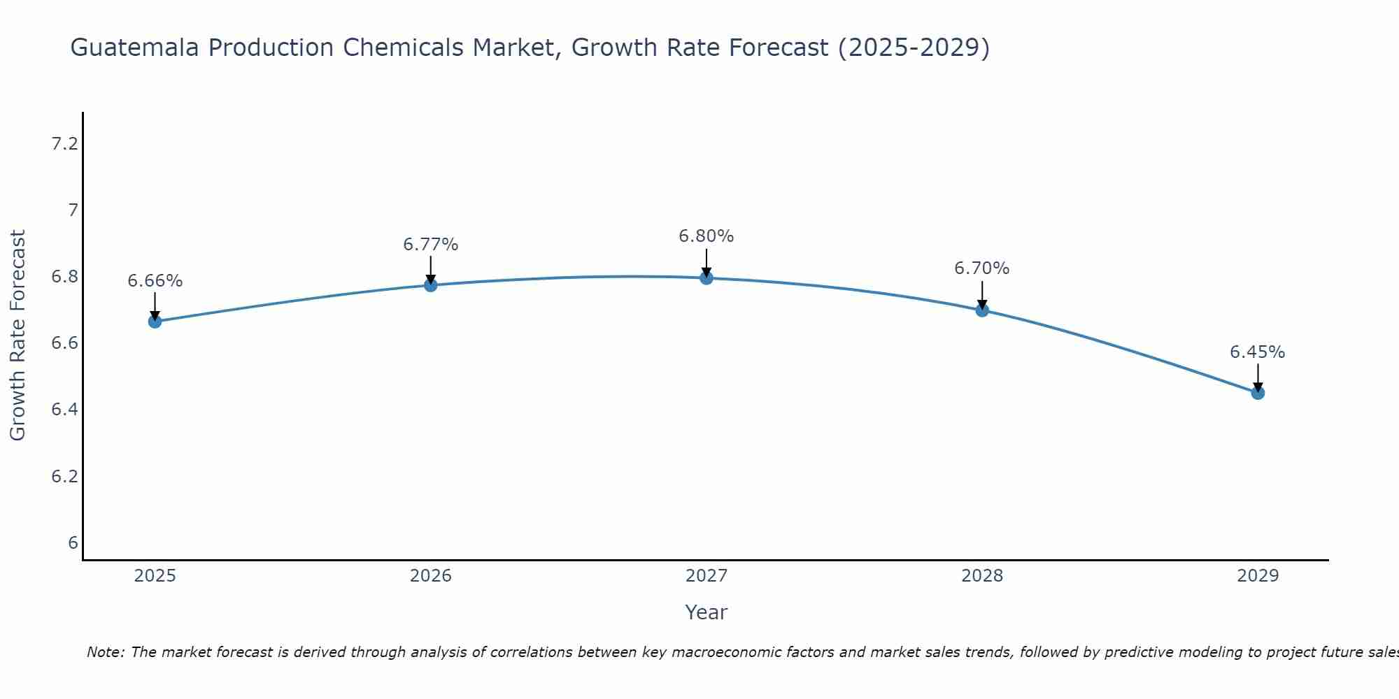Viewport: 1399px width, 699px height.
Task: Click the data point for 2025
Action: click(155, 322)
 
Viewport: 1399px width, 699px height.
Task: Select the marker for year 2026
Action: click(430, 285)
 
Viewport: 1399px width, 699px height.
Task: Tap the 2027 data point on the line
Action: click(706, 278)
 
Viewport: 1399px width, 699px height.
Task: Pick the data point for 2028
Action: click(982, 310)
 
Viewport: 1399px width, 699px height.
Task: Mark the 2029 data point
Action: click(1258, 393)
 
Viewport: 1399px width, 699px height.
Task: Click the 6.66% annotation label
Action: click(155, 281)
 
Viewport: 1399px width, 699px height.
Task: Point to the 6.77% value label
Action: click(430, 245)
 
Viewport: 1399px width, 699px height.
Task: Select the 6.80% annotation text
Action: click(706, 236)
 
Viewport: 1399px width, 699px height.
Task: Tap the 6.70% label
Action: click(982, 268)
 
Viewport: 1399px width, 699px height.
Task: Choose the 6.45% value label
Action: click(1258, 352)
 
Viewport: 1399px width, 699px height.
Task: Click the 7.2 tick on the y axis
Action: click(64, 144)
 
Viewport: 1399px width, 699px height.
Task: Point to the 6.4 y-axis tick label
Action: click(64, 410)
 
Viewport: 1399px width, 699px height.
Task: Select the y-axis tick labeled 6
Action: click(73, 543)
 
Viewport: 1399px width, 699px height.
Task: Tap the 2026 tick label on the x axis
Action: click(430, 576)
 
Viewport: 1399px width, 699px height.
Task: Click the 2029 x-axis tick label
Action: click(1258, 576)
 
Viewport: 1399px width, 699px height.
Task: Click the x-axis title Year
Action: click(706, 612)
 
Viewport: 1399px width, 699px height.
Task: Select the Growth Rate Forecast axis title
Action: click(17, 336)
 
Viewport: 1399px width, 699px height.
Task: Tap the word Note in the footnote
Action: click(105, 652)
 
